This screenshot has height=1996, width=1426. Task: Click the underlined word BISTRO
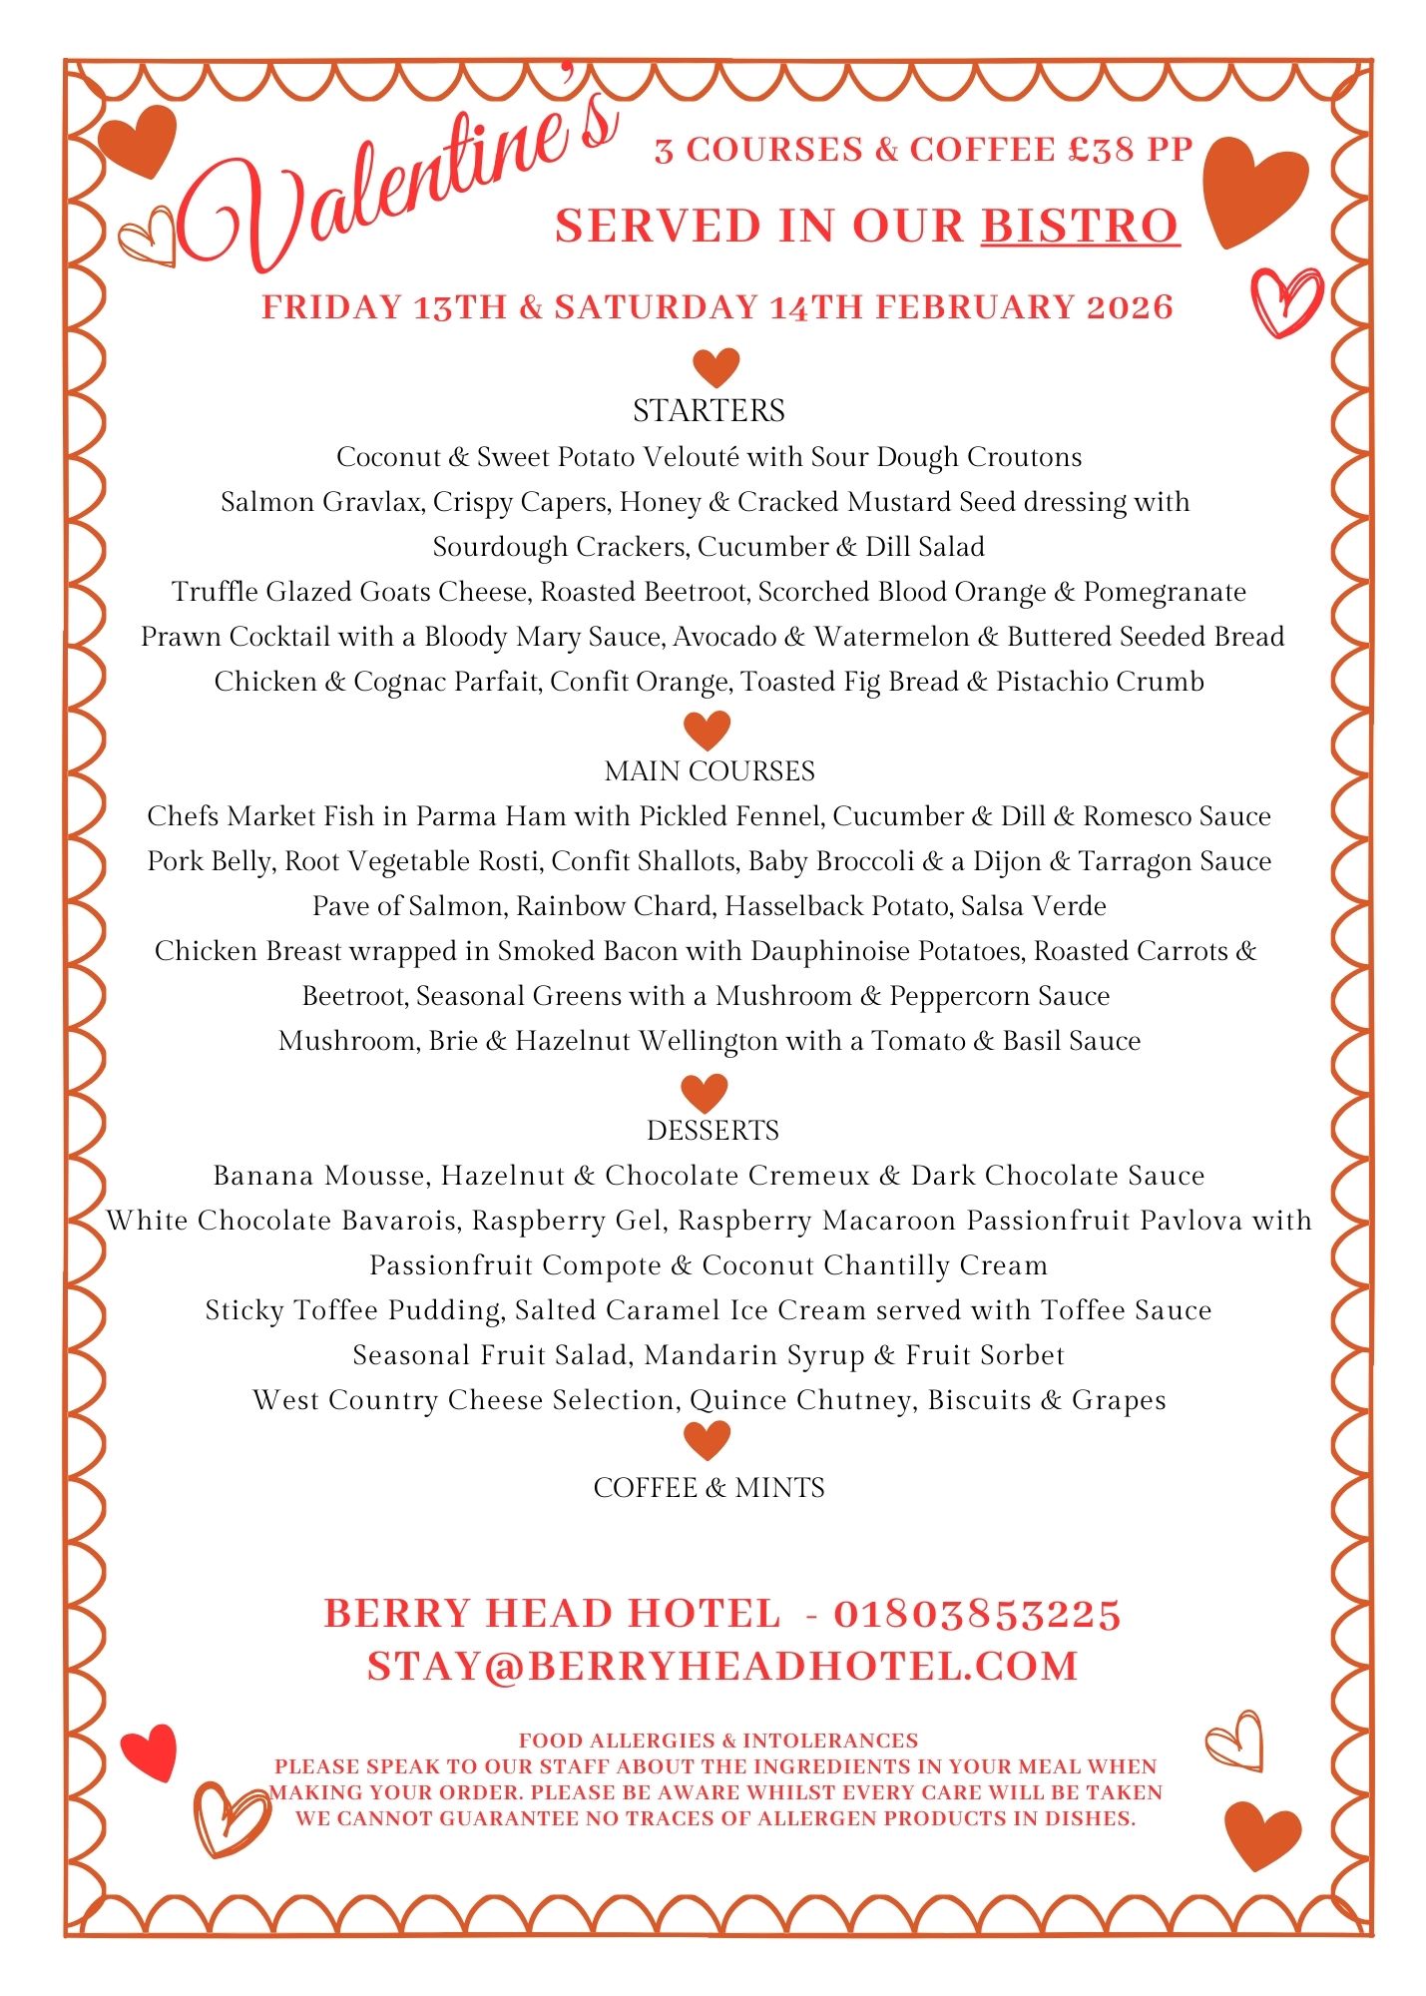1080,226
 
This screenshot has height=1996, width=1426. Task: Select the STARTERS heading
709,410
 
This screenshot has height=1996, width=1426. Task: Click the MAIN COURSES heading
710,771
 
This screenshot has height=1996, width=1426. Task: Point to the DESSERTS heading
713,1131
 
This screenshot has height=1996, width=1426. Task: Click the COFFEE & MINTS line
709,1488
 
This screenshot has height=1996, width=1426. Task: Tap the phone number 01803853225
977,1614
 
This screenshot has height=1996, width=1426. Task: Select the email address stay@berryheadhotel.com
722,1667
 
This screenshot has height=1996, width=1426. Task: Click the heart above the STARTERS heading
715,366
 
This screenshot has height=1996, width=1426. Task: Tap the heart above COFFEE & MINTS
707,1440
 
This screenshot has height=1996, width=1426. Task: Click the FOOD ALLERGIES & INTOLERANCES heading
717,1741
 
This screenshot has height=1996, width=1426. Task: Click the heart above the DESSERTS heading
705,1092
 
